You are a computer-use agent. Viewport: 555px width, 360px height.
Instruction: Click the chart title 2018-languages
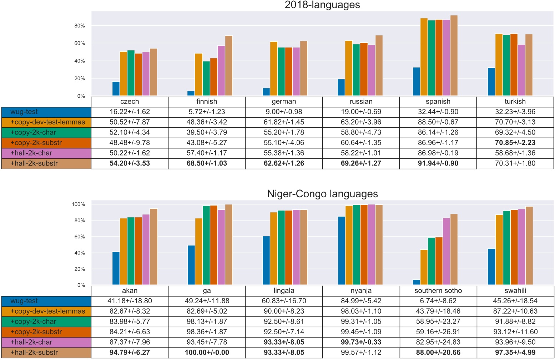[322, 5]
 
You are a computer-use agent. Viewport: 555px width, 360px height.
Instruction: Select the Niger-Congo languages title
[322, 194]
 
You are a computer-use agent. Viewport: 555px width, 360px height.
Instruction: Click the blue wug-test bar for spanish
[416, 81]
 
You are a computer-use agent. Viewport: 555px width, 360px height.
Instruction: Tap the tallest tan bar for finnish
[228, 66]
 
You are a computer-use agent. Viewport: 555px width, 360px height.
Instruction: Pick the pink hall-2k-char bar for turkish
[521, 70]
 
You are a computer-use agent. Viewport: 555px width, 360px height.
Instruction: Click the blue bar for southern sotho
[416, 282]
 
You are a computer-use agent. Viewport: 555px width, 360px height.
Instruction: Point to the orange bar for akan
[123, 252]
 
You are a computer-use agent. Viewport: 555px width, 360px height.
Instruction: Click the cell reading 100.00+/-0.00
[207, 353]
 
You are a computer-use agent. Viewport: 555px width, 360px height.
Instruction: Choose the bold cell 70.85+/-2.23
[515, 143]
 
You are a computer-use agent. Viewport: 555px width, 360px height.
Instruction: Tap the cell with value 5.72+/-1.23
[207, 112]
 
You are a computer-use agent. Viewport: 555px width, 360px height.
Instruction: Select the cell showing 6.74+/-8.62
[438, 301]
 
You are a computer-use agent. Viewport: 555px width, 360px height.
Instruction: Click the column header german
[284, 101]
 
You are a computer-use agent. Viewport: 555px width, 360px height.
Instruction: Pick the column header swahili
[515, 290]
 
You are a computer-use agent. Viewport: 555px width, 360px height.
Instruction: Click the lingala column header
[284, 290]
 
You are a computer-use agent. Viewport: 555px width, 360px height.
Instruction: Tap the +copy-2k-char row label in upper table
[46, 132]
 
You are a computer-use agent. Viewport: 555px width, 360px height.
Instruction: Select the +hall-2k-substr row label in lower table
[46, 353]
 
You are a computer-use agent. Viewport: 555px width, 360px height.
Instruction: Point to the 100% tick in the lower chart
[79, 204]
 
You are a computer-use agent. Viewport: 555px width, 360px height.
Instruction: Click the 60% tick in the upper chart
[80, 43]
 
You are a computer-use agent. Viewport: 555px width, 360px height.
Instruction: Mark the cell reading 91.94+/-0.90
[438, 163]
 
